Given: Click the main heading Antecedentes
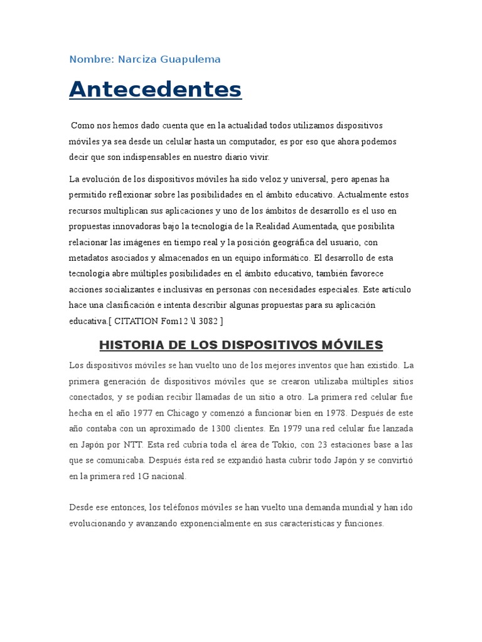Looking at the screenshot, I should point(155,89).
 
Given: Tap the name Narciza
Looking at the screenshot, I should point(138,60).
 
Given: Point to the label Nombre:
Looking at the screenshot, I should point(92,60).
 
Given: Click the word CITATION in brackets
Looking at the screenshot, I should point(138,320).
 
